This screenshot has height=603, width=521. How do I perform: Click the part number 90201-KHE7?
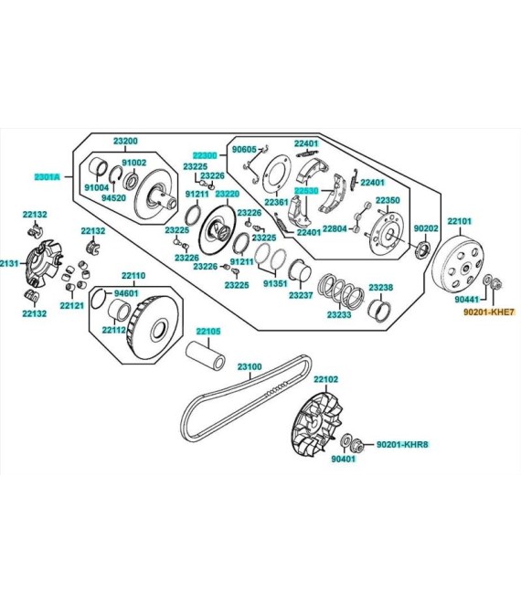[x=487, y=312]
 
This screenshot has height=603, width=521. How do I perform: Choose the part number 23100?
[x=250, y=366]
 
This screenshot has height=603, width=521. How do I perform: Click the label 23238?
[x=380, y=288]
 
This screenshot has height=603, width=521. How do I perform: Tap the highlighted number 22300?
[x=205, y=155]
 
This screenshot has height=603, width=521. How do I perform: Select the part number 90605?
[x=244, y=149]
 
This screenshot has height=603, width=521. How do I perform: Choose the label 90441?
[x=466, y=300]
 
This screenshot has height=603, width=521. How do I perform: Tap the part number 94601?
[x=126, y=293]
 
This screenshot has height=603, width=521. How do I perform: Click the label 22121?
[x=72, y=306]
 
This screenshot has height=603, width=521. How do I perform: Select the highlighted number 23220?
[x=227, y=194]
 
